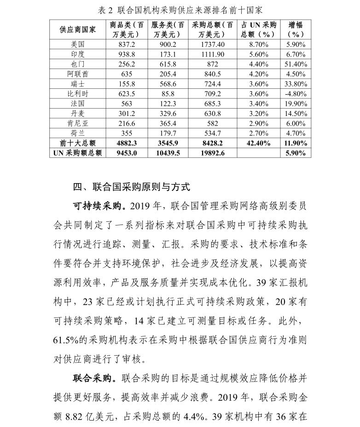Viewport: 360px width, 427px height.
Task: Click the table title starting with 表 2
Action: pyautogui.click(x=180, y=10)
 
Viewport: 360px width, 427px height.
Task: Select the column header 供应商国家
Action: pyautogui.click(x=77, y=29)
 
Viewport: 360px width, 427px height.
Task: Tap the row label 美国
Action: pyautogui.click(x=77, y=44)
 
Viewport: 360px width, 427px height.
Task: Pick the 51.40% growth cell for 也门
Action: pyautogui.click(x=295, y=64)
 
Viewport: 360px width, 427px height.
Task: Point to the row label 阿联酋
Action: pyautogui.click(x=77, y=74)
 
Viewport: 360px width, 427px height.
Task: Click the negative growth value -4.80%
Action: pyautogui.click(x=295, y=93)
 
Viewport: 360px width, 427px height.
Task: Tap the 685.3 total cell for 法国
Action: pyautogui.click(x=213, y=104)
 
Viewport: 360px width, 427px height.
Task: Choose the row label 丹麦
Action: pyautogui.click(x=77, y=113)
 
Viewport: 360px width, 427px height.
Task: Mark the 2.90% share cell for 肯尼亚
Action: pyautogui.click(x=258, y=123)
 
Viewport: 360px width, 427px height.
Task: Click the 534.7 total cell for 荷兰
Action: pyautogui.click(x=213, y=133)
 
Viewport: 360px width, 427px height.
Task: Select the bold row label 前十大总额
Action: pyautogui.click(x=77, y=143)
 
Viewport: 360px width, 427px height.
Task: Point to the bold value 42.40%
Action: pyautogui.click(x=258, y=143)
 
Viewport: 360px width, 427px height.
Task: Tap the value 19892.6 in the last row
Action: pyautogui.click(x=213, y=153)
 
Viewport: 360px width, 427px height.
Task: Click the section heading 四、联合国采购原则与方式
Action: pyautogui.click(x=131, y=187)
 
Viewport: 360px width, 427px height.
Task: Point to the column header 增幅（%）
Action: pyautogui.click(x=295, y=29)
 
